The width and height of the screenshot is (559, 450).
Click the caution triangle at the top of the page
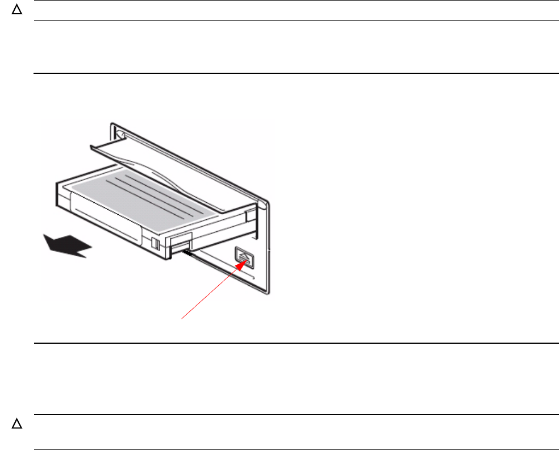tap(17, 11)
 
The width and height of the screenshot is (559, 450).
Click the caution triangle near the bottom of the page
tap(17, 424)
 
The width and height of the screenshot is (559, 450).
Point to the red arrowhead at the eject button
tap(243, 261)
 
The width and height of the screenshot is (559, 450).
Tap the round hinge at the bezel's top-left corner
tap(119, 134)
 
